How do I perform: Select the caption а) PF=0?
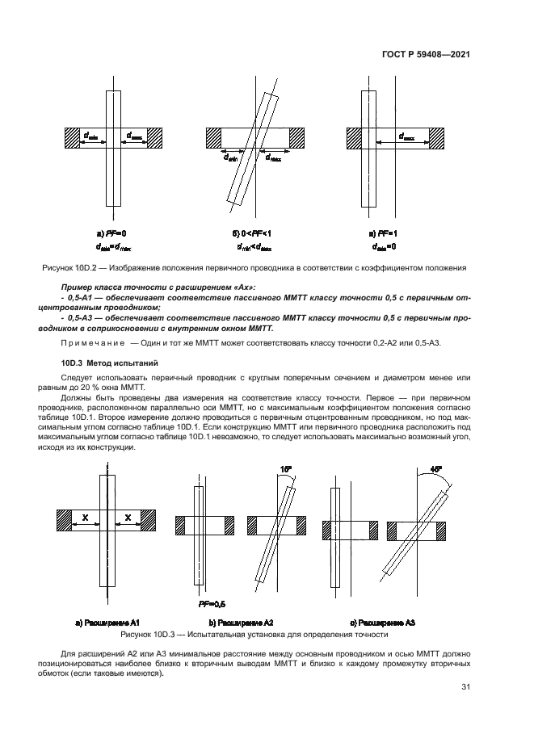click(x=107, y=233)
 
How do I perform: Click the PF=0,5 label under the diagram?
click(x=212, y=603)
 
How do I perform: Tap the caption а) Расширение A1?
click(x=108, y=623)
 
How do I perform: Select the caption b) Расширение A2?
click(x=241, y=623)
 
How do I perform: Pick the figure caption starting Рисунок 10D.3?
click(x=255, y=635)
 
